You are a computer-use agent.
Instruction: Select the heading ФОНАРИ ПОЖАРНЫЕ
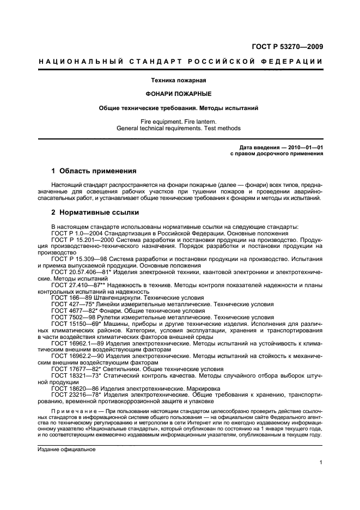click(180, 94)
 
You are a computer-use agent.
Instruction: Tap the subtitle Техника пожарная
click(180, 80)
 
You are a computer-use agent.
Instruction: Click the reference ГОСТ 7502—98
click(72, 317)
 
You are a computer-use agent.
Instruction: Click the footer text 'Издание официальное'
click(66, 450)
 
